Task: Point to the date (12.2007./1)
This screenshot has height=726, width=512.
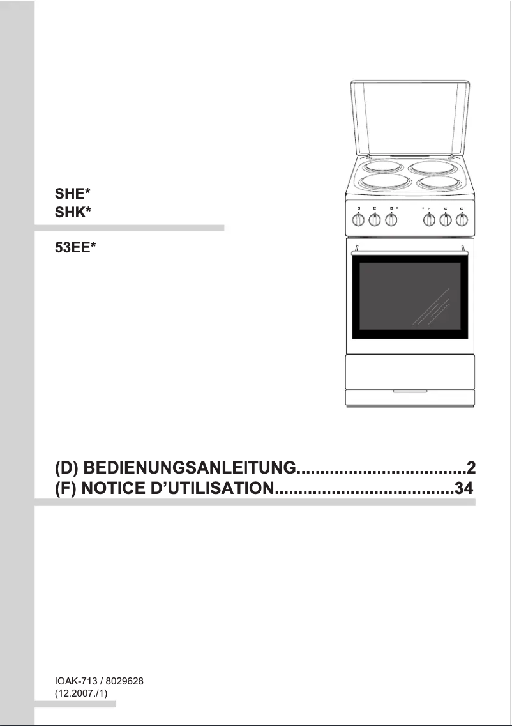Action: click(80, 693)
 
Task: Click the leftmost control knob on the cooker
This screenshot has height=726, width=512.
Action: click(359, 220)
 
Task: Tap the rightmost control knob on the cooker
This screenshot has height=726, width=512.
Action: click(462, 220)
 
